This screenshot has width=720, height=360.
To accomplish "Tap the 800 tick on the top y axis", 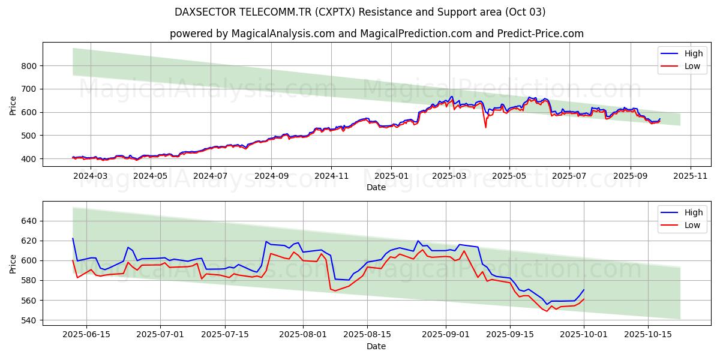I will point(30,65).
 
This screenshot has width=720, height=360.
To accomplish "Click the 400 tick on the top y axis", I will point(30,159).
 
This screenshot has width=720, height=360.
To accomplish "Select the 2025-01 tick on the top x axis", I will point(391,176).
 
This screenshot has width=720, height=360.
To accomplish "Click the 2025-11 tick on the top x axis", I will point(691,176).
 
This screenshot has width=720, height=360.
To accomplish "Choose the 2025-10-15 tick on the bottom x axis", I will point(648,335).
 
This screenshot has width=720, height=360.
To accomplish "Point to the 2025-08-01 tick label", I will point(303,335).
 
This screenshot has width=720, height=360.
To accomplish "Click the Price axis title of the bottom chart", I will point(13,263).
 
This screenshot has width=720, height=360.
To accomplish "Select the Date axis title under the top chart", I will point(376,187).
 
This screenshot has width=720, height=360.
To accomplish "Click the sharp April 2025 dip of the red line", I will point(485,127).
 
